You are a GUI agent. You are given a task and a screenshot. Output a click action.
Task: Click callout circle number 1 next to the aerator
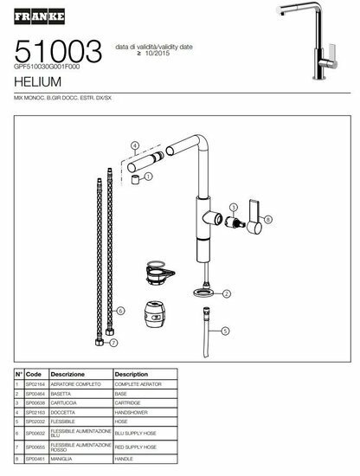[148, 176]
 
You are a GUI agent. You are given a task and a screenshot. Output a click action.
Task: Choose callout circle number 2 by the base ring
[227, 294]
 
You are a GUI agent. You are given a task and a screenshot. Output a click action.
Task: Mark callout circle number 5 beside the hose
[224, 331]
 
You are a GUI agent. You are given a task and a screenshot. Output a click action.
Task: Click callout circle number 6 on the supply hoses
[120, 310]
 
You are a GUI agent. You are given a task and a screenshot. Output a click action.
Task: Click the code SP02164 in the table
[35, 383]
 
